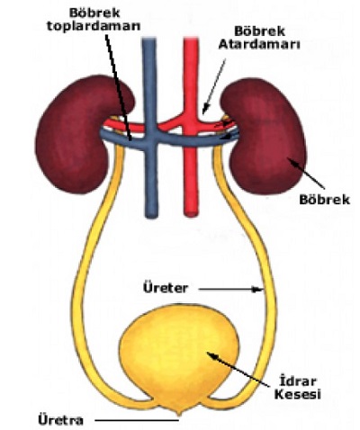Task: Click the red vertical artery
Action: click(x=189, y=180)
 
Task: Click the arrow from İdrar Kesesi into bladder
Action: click(x=243, y=369)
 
